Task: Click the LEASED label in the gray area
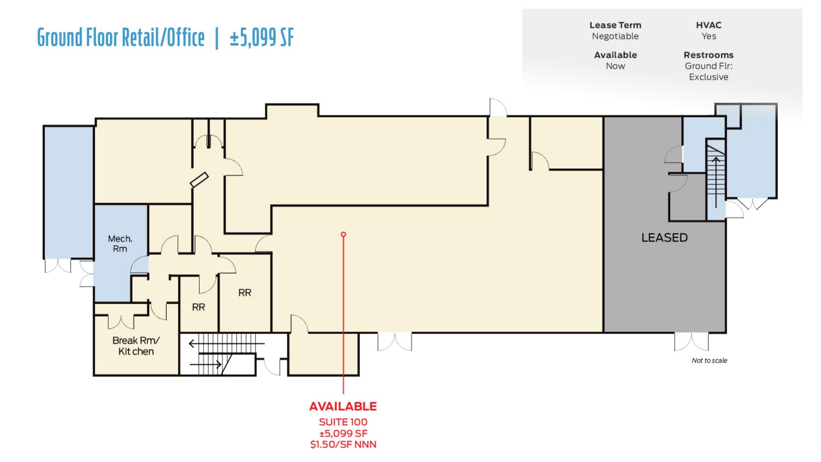point(664,238)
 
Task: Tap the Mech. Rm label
point(120,244)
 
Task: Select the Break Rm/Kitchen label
point(136,346)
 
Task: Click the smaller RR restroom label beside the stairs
point(198,308)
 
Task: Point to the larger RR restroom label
point(244,293)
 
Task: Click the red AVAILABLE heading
point(343,406)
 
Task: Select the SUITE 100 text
point(343,422)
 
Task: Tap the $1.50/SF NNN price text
point(343,445)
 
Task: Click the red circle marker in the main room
point(343,234)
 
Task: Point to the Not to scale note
point(709,360)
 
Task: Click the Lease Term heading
point(615,25)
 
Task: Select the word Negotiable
point(615,36)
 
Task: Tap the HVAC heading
point(708,25)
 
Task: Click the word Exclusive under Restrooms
point(708,77)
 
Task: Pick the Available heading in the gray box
point(615,55)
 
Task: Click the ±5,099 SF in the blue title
point(262,38)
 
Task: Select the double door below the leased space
point(691,342)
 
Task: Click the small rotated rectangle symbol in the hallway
point(199,180)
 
